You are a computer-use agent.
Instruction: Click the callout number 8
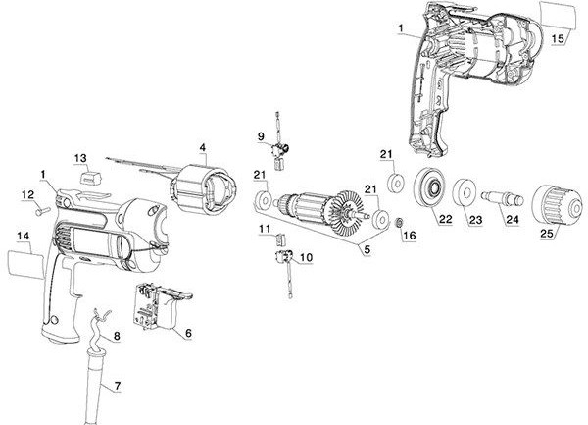point(117,337)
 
